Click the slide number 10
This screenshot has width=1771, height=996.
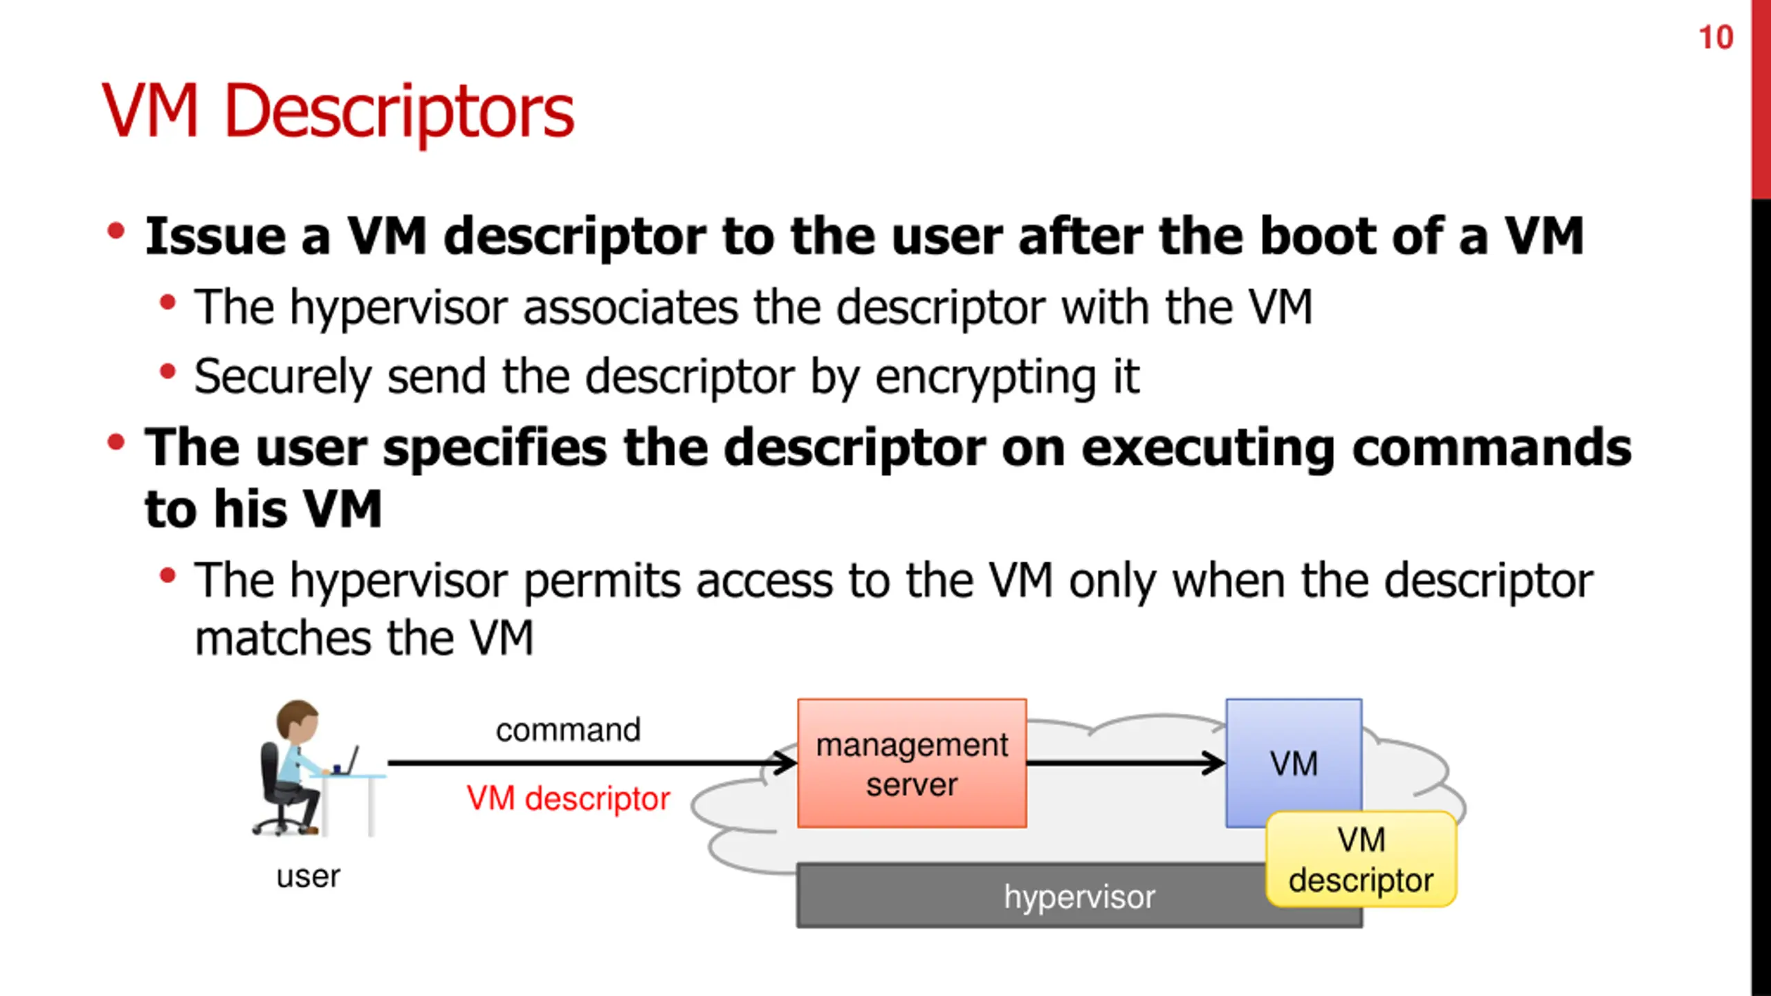[x=1716, y=37]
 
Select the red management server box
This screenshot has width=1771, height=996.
[x=911, y=763]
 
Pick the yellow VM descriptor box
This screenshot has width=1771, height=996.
[x=1361, y=860]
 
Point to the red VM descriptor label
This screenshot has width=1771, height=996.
[x=568, y=799]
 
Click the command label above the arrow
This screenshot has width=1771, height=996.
[x=568, y=730]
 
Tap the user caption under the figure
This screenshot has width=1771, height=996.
[x=308, y=877]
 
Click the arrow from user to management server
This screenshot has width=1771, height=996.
[x=591, y=763]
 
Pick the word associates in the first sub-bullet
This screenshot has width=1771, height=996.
[x=630, y=307]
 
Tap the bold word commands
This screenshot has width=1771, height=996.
[x=1491, y=448]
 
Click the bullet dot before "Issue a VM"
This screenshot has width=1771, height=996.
[x=116, y=231]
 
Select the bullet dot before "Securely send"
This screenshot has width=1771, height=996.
[x=167, y=372]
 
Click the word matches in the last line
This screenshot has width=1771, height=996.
[x=283, y=638]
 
